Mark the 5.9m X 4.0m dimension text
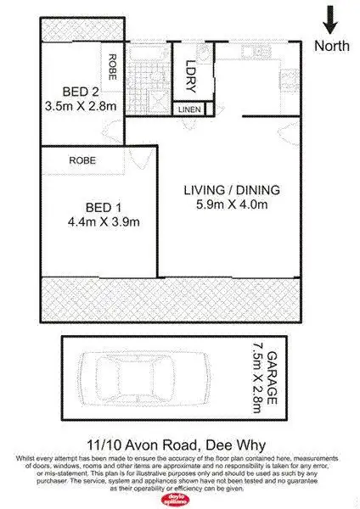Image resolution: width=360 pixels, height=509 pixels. pos(232,204)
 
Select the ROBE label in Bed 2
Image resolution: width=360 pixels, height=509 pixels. pos(110,63)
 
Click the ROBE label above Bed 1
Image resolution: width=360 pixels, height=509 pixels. pos(82,159)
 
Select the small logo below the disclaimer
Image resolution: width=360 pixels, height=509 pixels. pos(179,498)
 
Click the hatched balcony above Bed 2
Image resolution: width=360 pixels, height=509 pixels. pos(82,27)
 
